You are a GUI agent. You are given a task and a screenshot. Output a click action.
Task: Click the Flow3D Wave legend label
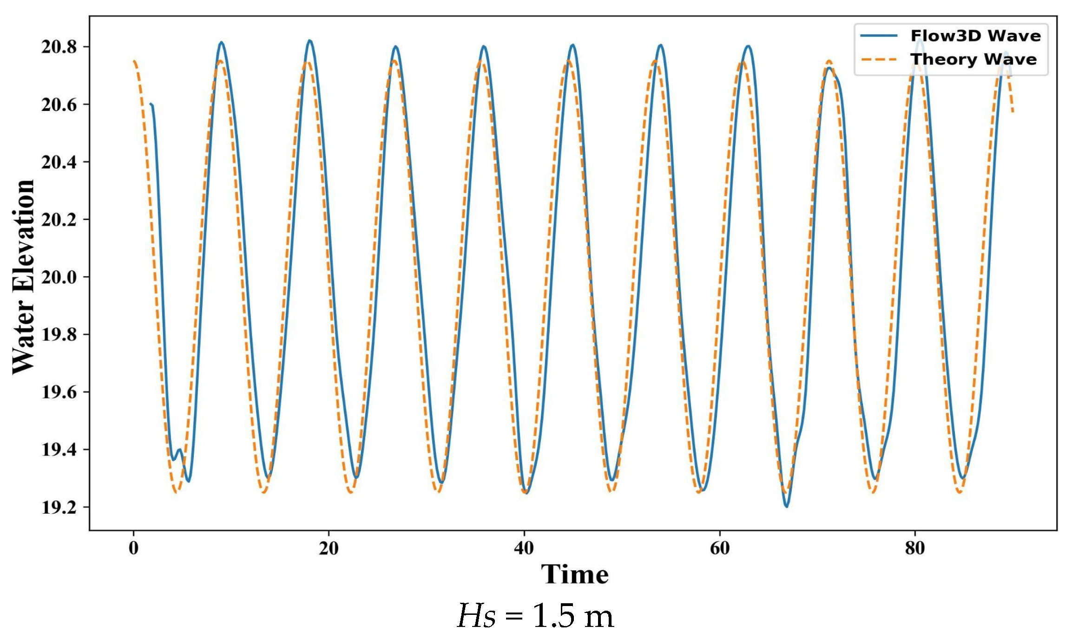pos(975,36)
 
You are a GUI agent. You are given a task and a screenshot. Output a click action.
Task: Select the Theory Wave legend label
pos(973,59)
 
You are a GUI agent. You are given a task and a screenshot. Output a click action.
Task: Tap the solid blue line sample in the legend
pos(879,36)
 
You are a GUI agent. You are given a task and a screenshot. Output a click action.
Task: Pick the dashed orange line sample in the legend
pos(879,59)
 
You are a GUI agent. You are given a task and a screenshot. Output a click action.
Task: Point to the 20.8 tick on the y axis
pos(59,47)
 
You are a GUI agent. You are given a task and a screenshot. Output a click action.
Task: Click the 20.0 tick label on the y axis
pos(59,277)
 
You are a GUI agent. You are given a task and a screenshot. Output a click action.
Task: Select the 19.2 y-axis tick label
pos(59,507)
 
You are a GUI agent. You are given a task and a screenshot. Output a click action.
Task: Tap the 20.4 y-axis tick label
pos(59,162)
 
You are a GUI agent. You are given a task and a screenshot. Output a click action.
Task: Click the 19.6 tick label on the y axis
pos(59,392)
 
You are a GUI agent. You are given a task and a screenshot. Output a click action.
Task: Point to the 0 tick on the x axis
pos(133,548)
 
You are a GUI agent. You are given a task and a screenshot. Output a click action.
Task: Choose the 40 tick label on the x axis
pos(524,548)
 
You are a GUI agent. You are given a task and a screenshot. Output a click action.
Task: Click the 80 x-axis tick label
pos(915,548)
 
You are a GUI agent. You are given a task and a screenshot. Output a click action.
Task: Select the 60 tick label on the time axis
pos(720,548)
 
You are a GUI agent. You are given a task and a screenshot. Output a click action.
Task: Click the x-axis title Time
pos(575,574)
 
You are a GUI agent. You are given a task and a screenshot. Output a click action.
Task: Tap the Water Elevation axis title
pos(23,277)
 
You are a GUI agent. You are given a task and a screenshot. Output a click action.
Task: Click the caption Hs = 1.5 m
pos(535,616)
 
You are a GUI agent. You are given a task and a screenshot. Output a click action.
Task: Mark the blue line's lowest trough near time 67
pos(787,506)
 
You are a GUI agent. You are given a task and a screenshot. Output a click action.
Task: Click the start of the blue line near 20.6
pos(151,104)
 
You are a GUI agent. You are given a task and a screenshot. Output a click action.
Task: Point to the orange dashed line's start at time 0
pos(134,61)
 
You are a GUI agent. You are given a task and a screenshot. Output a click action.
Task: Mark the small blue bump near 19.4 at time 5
pos(179,450)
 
